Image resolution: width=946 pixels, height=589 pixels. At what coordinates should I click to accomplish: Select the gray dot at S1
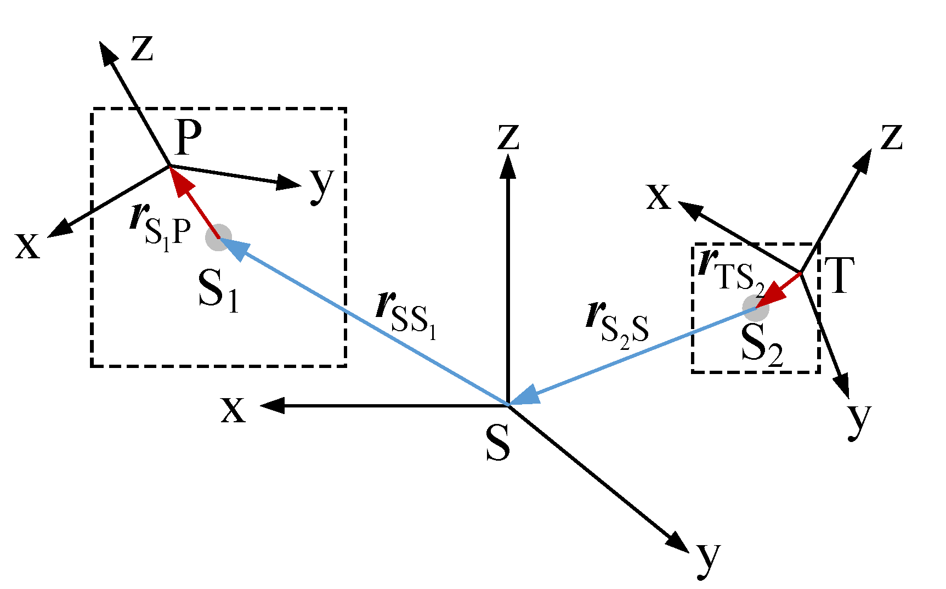[x=218, y=237]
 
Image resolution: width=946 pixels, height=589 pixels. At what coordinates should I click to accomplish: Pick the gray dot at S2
[x=756, y=308]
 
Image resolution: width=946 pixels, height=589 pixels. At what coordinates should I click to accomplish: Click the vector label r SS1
[x=406, y=315]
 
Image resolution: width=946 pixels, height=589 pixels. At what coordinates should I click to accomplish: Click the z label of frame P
[x=142, y=48]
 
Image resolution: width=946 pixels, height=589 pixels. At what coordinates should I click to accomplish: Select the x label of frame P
[x=27, y=245]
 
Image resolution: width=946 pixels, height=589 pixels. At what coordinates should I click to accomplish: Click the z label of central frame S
[x=508, y=137]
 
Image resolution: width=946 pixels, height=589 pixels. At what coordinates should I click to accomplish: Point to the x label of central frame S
[x=233, y=409]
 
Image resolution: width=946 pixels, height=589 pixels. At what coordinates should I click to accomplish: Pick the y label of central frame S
[x=708, y=559]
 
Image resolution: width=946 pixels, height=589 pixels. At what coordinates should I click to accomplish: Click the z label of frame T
[x=892, y=137]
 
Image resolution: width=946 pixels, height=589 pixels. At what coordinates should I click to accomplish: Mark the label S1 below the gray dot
[x=218, y=291]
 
